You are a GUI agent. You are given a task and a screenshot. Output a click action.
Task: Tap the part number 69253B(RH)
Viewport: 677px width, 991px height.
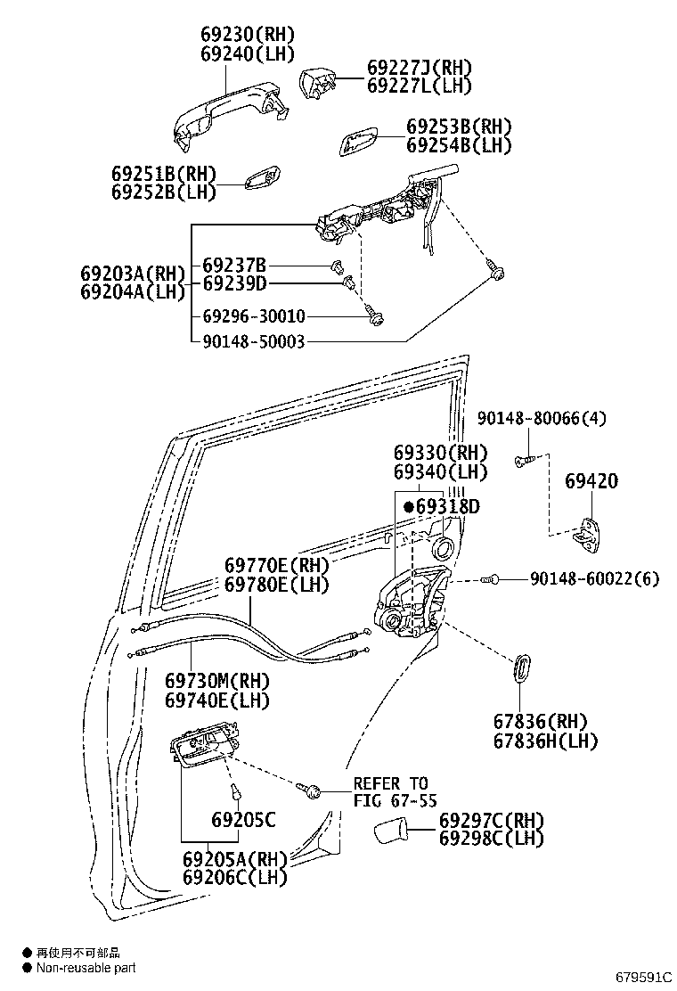[x=459, y=127]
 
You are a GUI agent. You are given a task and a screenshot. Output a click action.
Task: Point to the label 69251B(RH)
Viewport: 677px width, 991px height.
[x=164, y=173]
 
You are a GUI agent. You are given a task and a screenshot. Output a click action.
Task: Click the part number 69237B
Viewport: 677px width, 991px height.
[x=234, y=266]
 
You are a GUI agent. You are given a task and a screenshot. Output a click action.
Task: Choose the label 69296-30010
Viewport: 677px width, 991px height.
[x=253, y=316]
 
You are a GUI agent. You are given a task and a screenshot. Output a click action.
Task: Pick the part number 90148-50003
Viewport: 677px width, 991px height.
[x=253, y=340]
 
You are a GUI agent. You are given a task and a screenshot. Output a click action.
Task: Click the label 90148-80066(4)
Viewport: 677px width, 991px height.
[x=542, y=418]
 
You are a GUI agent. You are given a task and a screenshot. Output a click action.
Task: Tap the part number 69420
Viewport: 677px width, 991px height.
[x=591, y=482]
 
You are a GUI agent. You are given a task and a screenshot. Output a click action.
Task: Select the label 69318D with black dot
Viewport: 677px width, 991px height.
[x=442, y=507]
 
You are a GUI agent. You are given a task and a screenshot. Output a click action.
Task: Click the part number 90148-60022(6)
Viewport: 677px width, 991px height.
[x=594, y=579]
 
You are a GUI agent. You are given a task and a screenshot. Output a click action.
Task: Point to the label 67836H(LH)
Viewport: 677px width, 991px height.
[x=546, y=741]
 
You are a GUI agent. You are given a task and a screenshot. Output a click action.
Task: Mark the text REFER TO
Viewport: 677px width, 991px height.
[x=390, y=783]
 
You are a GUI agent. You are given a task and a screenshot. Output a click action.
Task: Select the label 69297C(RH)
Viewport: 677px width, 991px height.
[x=491, y=820]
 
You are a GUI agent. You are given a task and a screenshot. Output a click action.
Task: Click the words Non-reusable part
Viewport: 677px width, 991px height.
[x=86, y=968]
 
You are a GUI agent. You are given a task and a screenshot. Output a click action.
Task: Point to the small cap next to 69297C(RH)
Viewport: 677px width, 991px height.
[x=390, y=831]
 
